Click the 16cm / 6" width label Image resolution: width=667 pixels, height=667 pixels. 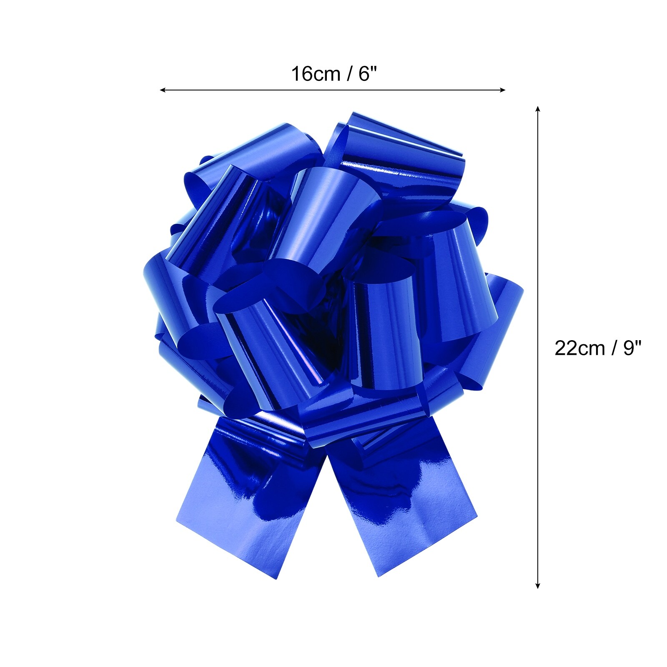coord(333,74)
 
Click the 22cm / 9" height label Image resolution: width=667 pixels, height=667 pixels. coord(597,348)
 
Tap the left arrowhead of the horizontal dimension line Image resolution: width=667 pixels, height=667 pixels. coord(163,90)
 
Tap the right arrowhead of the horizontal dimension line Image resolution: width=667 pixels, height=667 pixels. coord(503,90)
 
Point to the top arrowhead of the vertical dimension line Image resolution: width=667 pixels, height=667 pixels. coord(538,109)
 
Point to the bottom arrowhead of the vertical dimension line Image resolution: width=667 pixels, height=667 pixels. coord(538,585)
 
